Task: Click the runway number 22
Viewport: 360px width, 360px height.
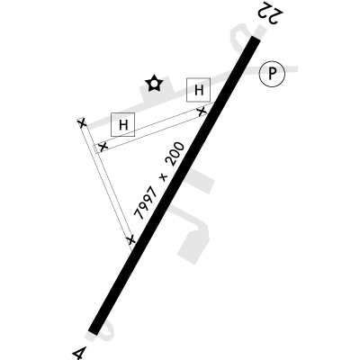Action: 269,13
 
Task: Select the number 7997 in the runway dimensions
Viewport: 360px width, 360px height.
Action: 147,202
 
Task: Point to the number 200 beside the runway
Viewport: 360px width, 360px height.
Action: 176,155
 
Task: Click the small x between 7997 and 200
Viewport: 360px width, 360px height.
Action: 164,177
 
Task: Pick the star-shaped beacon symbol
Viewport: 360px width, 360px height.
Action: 154,83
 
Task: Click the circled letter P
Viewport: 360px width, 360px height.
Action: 272,74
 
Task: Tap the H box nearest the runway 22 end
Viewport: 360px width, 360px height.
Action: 198,90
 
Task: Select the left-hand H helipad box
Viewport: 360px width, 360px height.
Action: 122,124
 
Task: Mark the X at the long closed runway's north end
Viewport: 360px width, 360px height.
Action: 82,123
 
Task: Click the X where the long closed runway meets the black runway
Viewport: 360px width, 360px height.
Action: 130,239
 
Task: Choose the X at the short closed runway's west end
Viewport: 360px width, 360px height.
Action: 103,147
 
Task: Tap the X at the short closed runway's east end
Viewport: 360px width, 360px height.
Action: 202,111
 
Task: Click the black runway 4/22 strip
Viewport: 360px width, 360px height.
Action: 175,185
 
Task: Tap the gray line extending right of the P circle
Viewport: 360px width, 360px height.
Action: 291,69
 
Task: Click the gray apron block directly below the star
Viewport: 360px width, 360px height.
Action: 157,94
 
